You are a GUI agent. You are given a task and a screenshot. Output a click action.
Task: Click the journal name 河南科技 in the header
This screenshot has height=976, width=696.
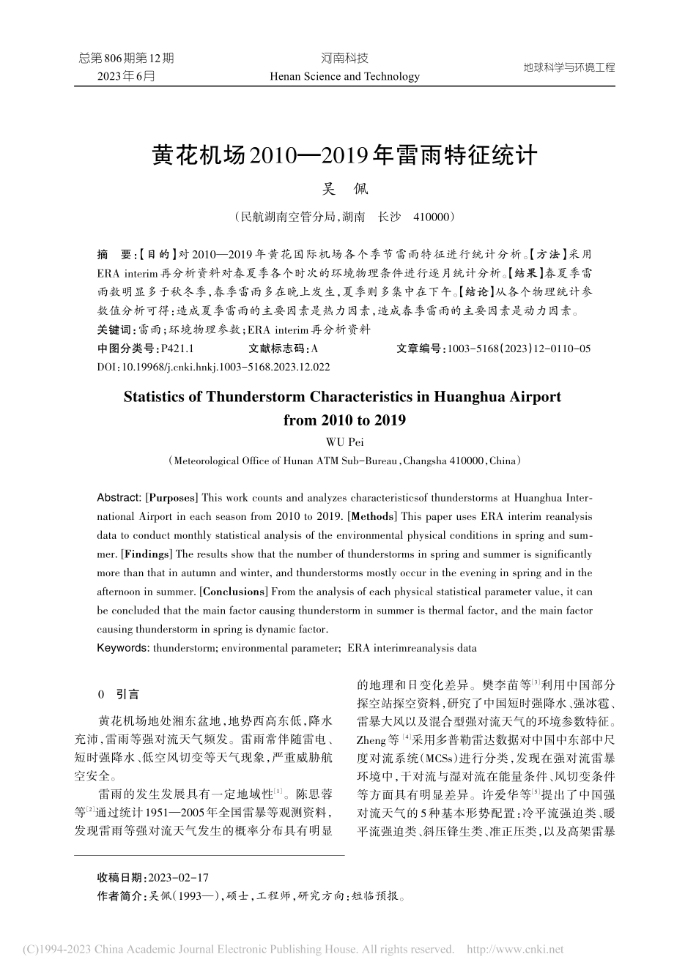pos(344,59)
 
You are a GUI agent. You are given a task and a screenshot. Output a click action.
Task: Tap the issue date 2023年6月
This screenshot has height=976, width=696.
pos(126,76)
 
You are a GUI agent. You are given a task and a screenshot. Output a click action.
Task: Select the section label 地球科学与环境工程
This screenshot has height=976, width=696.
pos(569,67)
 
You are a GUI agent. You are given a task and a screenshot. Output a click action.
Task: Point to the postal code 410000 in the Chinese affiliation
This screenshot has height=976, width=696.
pos(434,217)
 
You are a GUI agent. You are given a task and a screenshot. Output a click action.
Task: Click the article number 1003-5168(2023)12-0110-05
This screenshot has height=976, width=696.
pos(517,349)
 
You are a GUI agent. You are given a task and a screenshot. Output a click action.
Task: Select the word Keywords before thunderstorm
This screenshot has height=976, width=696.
pos(122,648)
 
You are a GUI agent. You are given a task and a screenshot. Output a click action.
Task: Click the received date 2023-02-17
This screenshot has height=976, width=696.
pos(178,877)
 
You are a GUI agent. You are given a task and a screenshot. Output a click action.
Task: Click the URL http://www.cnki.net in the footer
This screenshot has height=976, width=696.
pos(515,950)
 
